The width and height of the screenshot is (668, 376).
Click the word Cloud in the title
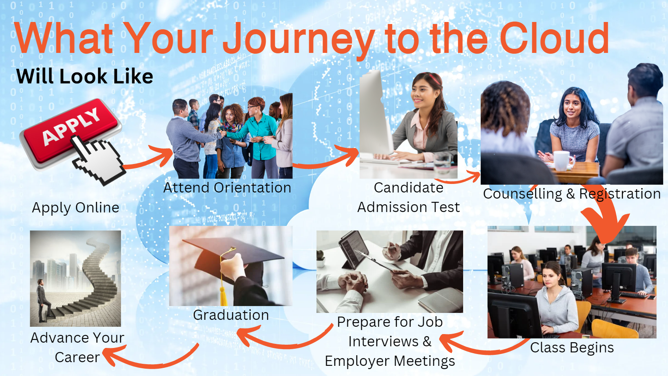(554, 38)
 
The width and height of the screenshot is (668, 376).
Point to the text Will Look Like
(84, 76)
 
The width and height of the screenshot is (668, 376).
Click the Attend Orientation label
(227, 188)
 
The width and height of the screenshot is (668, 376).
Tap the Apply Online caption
(75, 208)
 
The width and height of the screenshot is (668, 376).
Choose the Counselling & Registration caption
(572, 194)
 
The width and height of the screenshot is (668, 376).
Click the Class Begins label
(572, 348)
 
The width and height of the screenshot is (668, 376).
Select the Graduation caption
(231, 315)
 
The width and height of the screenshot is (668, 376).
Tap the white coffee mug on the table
(563, 161)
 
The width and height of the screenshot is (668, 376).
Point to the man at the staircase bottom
(42, 300)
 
